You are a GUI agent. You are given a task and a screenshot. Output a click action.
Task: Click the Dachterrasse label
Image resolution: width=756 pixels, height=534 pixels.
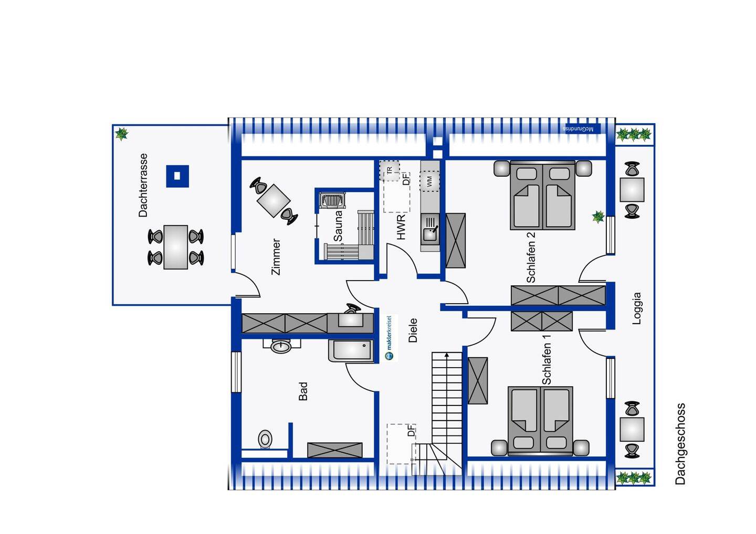tap(143, 185)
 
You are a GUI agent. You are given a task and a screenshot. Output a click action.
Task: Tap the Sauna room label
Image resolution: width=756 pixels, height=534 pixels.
tap(338, 226)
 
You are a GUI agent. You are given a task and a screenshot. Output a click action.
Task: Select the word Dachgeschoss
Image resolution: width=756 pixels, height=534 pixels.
tap(680, 443)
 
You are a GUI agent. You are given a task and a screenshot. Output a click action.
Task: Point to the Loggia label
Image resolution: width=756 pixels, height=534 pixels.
tap(637, 308)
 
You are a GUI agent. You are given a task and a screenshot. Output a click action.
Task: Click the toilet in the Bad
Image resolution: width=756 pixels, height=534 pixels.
tap(266, 439)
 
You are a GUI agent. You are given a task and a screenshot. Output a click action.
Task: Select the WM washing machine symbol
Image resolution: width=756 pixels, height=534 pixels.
tap(429, 181)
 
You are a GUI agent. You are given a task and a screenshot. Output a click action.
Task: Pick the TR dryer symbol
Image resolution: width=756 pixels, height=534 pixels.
tap(390, 170)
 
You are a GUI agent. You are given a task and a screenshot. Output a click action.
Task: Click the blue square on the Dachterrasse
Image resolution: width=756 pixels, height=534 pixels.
tap(177, 176)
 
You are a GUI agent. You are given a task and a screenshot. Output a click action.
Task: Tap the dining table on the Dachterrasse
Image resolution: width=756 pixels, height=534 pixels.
tap(176, 247)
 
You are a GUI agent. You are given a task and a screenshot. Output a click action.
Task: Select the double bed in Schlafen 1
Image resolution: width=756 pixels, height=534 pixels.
tap(540, 420)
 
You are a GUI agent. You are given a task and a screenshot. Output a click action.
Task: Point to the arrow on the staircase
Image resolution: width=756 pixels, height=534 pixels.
tap(447, 356)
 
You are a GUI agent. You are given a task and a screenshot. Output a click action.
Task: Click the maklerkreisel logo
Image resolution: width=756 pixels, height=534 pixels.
tap(389, 338)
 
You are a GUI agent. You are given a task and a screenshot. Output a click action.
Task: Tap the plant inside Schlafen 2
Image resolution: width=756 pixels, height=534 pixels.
tap(598, 216)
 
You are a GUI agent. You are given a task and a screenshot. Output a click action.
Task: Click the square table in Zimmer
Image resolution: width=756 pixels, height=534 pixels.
tap(274, 200)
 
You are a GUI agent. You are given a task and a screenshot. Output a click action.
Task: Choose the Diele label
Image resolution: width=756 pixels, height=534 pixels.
tap(413, 330)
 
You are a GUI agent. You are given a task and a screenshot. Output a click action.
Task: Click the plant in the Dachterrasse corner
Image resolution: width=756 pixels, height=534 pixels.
tap(122, 134)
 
